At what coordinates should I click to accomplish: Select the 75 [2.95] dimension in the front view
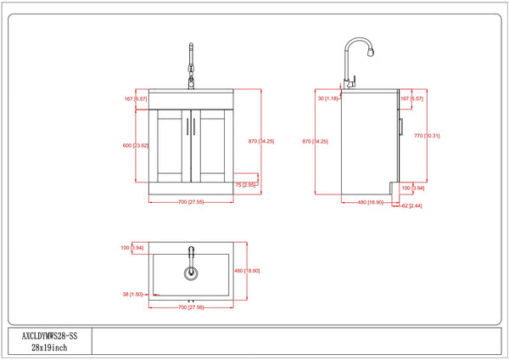pyautogui.click(x=249, y=184)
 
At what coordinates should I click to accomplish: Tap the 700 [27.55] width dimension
pyautogui.click(x=191, y=202)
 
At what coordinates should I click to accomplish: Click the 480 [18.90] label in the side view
pyautogui.click(x=368, y=202)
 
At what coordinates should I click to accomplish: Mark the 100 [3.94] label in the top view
pyautogui.click(x=132, y=248)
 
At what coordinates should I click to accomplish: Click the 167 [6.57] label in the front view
pyautogui.click(x=135, y=98)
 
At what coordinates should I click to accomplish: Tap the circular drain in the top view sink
pyautogui.click(x=191, y=273)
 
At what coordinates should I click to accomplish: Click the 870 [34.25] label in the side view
pyautogui.click(x=315, y=141)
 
